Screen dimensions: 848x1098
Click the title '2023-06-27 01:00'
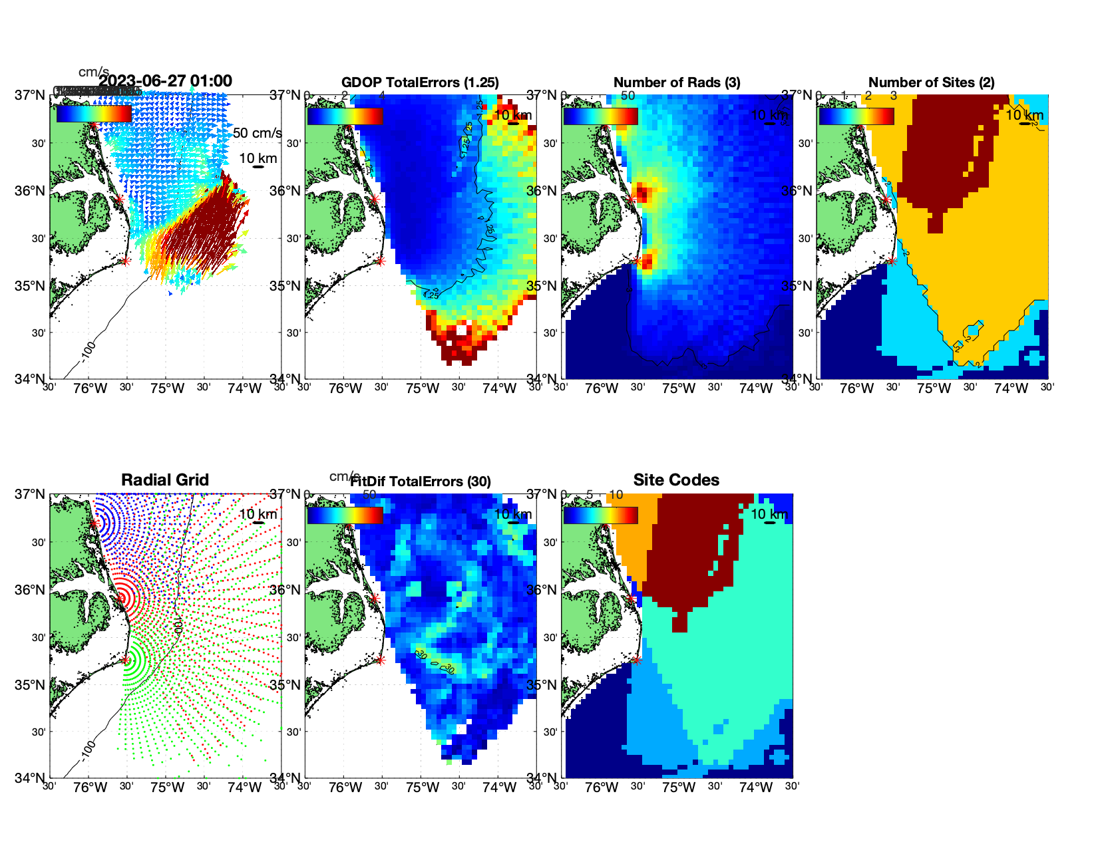click(166, 81)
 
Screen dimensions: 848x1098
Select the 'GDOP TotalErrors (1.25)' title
click(420, 82)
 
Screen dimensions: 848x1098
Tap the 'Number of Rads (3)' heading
click(676, 82)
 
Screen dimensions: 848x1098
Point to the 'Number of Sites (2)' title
click(931, 82)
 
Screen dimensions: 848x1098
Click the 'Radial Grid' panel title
click(165, 480)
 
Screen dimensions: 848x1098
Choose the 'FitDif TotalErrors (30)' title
click(421, 482)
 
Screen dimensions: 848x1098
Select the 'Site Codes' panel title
click(676, 480)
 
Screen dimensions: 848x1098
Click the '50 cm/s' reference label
click(257, 133)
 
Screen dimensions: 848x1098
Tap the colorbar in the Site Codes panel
click(600, 515)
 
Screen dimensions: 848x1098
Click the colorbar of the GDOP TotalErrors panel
click(345, 116)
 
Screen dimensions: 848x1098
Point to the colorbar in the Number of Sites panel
click(856, 116)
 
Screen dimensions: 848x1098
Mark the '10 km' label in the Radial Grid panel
click(258, 514)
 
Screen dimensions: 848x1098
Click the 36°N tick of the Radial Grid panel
click(31, 590)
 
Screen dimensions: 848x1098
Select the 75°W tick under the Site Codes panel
click(679, 787)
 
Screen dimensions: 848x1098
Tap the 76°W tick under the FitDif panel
click(345, 787)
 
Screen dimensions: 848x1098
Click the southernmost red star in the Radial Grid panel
click(125, 660)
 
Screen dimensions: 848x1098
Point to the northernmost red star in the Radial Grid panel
click(94, 524)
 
